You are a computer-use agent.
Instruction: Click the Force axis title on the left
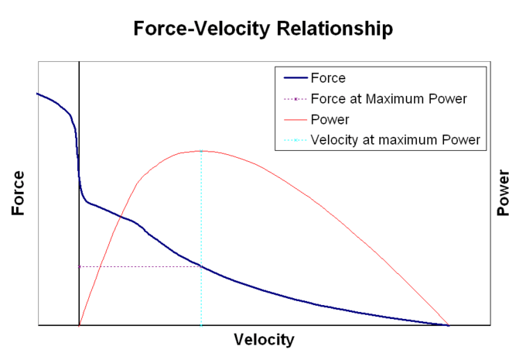click(x=17, y=192)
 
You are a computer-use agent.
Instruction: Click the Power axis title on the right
click(x=504, y=192)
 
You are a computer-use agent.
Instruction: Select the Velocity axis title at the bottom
click(x=264, y=340)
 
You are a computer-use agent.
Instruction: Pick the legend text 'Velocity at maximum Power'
click(x=394, y=141)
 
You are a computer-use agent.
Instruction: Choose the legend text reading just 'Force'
click(x=327, y=78)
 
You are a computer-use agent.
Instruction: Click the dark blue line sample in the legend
click(x=295, y=78)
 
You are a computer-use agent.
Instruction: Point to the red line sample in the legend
click(x=295, y=120)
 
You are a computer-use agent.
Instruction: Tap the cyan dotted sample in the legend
click(x=295, y=141)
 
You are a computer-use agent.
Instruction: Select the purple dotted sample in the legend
click(x=295, y=99)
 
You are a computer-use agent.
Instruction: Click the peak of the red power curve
click(x=201, y=151)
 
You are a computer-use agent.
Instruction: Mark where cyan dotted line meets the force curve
click(x=201, y=266)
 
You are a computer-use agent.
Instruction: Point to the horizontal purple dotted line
click(x=139, y=266)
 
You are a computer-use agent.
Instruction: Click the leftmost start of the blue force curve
click(x=37, y=94)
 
